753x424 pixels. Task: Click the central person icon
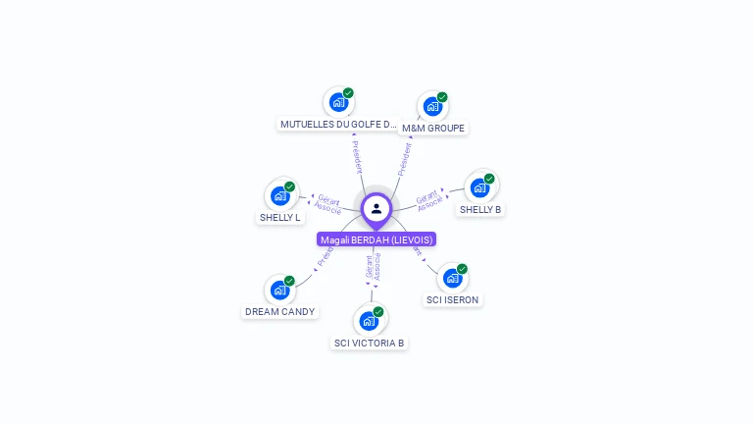tap(376, 208)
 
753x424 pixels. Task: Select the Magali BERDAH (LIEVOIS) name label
tap(376, 239)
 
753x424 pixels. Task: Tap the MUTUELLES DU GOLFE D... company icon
tap(338, 102)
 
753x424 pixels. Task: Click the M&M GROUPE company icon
tap(432, 106)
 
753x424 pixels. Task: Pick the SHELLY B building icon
tap(479, 186)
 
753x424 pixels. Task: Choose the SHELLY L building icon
tap(279, 195)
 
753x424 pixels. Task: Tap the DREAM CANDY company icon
tap(279, 290)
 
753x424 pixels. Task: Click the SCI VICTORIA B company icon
tap(369, 320)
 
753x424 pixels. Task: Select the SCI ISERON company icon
tap(452, 278)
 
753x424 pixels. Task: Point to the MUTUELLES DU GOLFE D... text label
tap(338, 125)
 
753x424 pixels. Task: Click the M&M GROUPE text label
tap(433, 129)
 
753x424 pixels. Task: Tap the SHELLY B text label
tap(480, 210)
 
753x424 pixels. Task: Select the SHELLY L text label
tap(280, 217)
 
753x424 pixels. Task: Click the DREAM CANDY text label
tap(280, 312)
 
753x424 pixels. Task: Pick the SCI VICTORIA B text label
tap(370, 343)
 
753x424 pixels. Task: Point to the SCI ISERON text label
tap(453, 299)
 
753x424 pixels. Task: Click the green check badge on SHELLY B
tap(489, 179)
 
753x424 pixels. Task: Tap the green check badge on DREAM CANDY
tap(289, 281)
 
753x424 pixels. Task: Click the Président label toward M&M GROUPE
tap(404, 158)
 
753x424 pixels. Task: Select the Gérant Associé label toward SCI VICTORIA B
tap(373, 266)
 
